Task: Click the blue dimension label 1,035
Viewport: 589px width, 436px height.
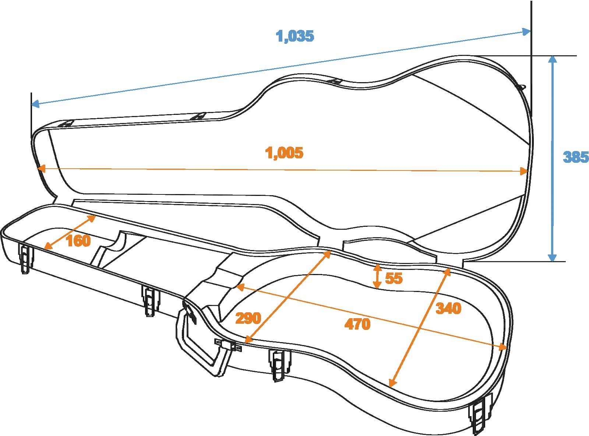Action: coord(295,36)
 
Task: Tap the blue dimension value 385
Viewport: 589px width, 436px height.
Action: coord(575,157)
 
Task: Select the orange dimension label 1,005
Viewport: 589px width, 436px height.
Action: coord(285,153)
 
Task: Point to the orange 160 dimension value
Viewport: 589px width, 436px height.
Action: coord(78,241)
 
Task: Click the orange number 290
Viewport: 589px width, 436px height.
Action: coord(248,318)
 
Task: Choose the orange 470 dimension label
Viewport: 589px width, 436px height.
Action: coord(357,324)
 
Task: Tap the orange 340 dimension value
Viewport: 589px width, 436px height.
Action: coord(448,308)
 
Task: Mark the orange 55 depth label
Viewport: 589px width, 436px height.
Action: coord(394,278)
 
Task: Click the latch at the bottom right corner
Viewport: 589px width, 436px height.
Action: coord(481,414)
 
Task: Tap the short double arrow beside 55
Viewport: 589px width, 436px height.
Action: coord(377,276)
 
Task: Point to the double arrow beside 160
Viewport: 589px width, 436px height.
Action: coord(70,232)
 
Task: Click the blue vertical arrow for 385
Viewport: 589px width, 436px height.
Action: coord(551,158)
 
